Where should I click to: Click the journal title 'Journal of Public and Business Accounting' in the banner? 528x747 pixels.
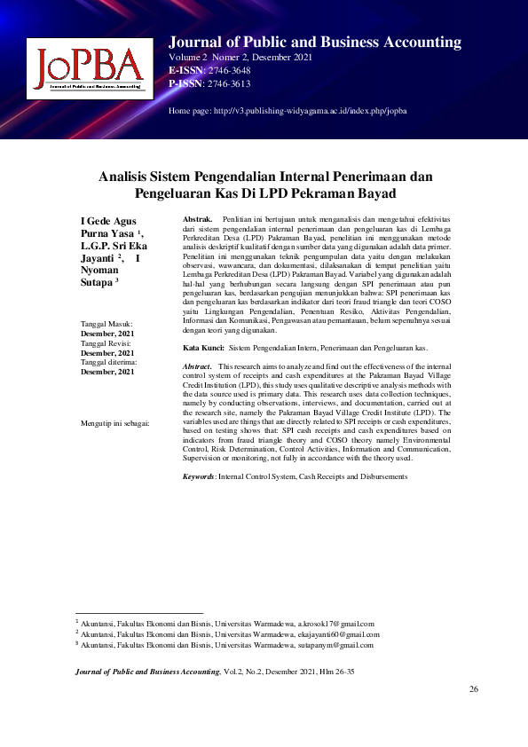[314, 42]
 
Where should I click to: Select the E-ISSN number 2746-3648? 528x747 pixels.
[228, 71]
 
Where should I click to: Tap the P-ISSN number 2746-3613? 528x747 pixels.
[228, 83]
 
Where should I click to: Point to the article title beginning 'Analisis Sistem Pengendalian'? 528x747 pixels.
[264, 185]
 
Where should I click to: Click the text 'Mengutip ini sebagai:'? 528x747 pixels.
[114, 422]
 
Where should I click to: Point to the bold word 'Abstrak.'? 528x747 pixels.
[197, 218]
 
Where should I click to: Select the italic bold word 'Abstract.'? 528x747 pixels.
[197, 366]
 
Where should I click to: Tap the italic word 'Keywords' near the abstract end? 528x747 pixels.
[198, 476]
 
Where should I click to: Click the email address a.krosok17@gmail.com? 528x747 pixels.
[335, 624]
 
